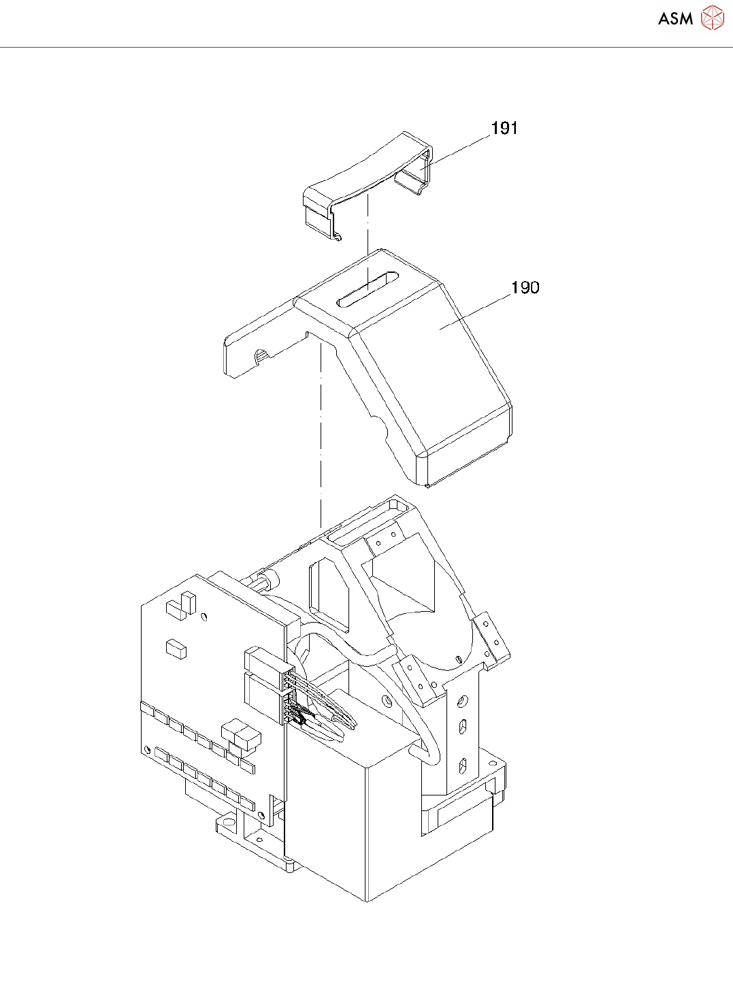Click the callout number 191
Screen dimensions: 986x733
pos(504,128)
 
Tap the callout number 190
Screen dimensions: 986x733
pos(525,288)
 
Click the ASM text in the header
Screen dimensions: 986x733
pos(675,19)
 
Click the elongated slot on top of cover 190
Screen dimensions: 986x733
pos(367,290)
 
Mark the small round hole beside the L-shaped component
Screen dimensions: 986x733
pos(204,618)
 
